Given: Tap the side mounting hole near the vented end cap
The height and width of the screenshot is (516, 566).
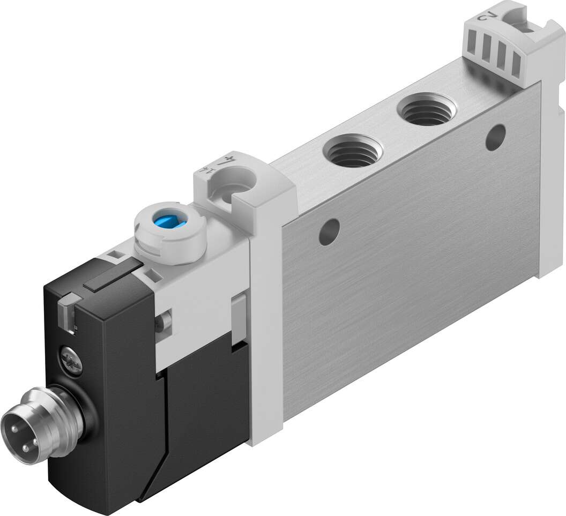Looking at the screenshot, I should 496,136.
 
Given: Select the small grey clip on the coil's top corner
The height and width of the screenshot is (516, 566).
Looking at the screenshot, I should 66,311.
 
